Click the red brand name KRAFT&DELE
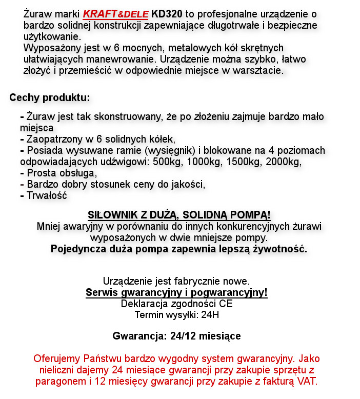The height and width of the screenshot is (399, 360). click(115, 13)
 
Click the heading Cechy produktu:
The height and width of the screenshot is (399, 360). click(50, 97)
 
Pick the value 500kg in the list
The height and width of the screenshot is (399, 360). click(167, 162)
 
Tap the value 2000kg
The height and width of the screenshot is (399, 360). click(283, 162)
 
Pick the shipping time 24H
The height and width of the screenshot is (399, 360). click(210, 314)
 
